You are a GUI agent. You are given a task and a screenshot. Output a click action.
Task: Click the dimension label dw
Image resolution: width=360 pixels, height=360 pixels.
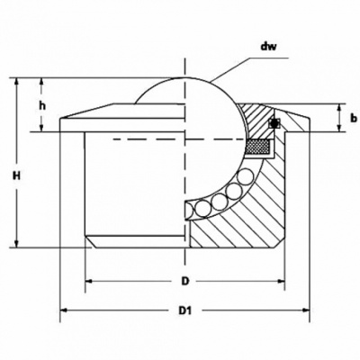(x=268, y=47)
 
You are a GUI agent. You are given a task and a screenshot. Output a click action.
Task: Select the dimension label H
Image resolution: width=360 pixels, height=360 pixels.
(x=16, y=175)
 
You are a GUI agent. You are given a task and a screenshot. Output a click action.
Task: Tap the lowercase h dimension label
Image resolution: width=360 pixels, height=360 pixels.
(x=42, y=105)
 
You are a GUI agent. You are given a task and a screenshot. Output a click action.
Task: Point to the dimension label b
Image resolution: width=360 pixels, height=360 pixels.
(x=354, y=118)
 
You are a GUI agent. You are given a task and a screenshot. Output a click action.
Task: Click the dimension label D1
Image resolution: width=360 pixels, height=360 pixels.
(x=185, y=310)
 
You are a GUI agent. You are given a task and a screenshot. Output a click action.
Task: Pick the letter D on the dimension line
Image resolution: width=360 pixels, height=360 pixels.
(x=185, y=281)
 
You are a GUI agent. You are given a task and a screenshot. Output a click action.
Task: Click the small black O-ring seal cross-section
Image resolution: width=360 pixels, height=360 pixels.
(x=274, y=122)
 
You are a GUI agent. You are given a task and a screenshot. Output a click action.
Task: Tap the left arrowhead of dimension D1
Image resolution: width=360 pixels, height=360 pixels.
(x=65, y=310)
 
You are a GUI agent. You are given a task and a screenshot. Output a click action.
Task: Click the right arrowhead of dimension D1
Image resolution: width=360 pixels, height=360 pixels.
(x=305, y=310)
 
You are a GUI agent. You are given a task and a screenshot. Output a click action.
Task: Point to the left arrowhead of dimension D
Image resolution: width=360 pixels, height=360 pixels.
(x=90, y=281)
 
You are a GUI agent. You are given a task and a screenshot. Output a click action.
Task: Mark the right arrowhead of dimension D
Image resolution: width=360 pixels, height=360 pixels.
(x=280, y=281)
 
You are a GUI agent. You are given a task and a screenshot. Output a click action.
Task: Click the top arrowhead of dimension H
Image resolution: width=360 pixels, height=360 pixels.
(x=17, y=83)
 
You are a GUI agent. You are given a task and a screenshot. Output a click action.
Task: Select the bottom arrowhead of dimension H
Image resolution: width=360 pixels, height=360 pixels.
(x=17, y=243)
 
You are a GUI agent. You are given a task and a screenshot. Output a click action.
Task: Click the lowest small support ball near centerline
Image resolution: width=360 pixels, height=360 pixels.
(x=202, y=208)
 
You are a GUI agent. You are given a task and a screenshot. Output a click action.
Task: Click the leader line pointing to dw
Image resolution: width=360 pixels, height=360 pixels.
(x=249, y=69)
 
